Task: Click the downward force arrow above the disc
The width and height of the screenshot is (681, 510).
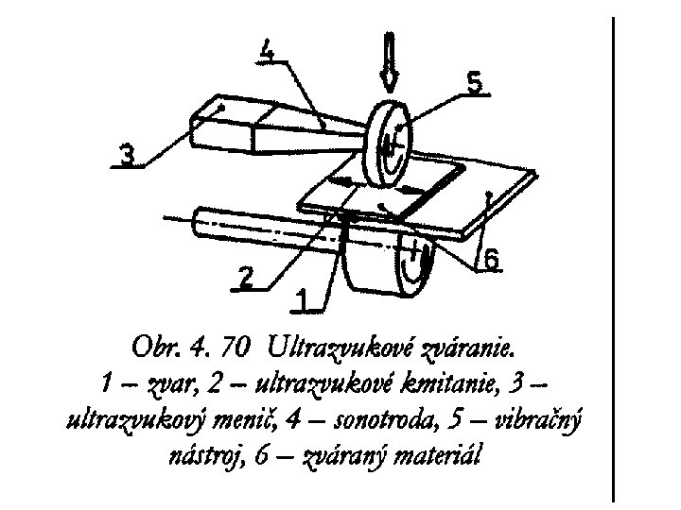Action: click(x=390, y=58)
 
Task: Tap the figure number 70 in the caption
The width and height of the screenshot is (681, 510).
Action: click(x=239, y=349)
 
